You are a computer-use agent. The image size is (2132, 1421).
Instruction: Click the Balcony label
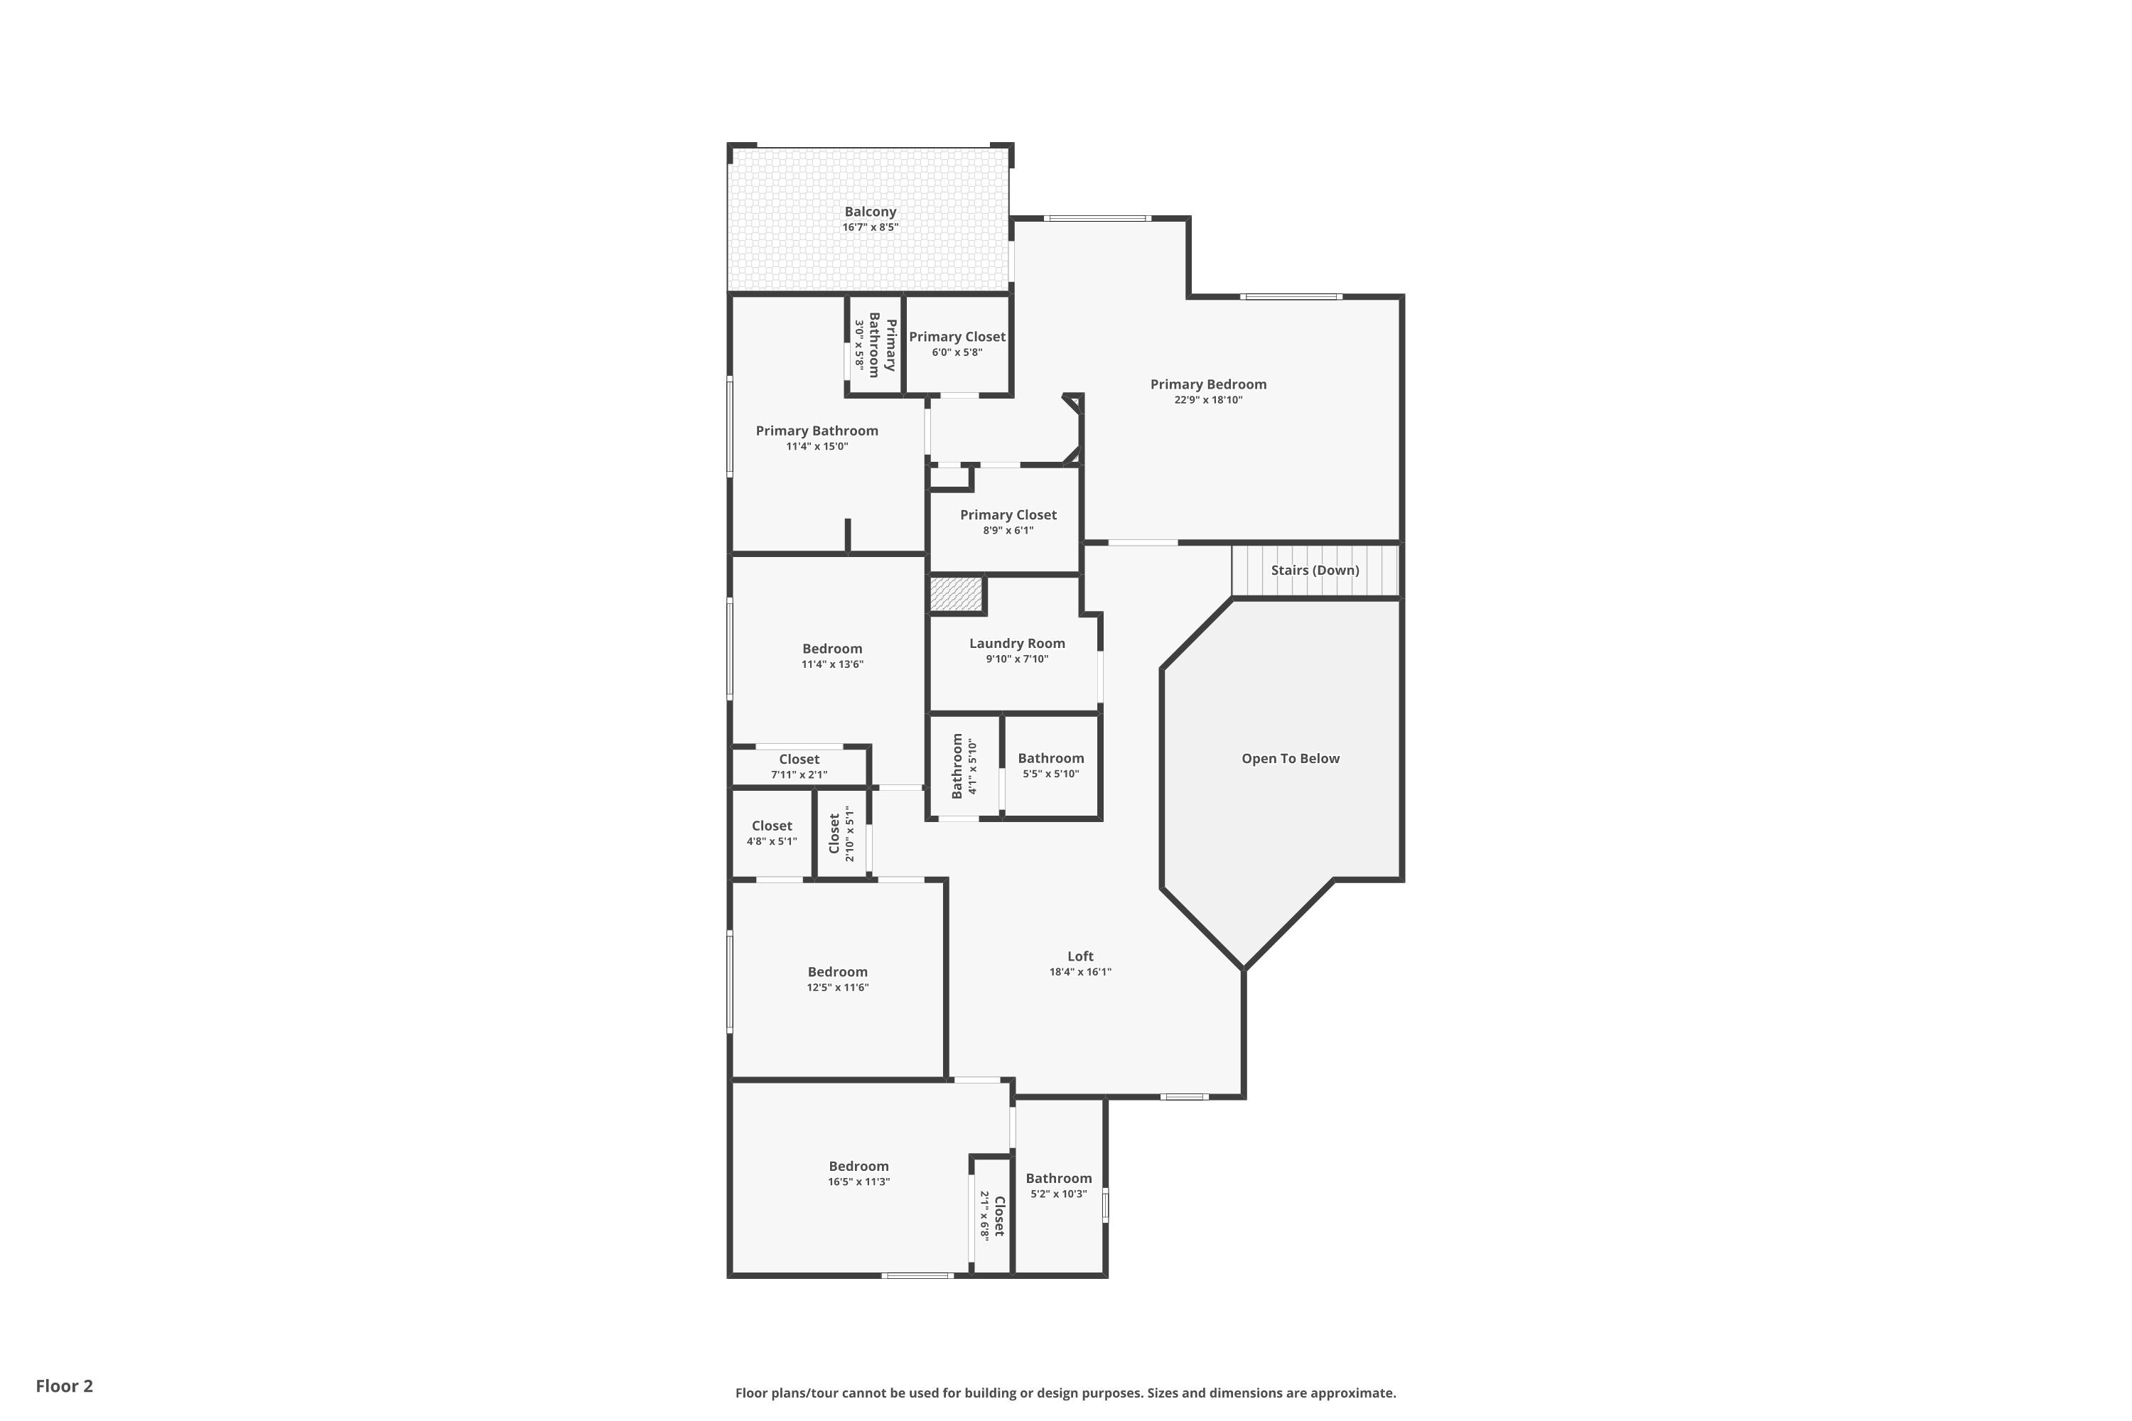(870, 212)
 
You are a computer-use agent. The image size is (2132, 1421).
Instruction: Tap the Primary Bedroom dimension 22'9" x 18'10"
(1208, 399)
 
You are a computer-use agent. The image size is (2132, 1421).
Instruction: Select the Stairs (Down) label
(1314, 570)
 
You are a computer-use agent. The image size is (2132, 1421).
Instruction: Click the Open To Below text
(1290, 759)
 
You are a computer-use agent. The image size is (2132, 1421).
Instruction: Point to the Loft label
(1080, 956)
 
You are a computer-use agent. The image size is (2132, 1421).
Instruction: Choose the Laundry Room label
(1017, 644)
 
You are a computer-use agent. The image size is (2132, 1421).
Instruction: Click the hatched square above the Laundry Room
(955, 595)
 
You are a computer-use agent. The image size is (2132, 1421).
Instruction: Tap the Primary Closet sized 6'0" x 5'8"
(957, 343)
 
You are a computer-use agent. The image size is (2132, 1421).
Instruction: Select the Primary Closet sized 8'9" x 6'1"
(1008, 521)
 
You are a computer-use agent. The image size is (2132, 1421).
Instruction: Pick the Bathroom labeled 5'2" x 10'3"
(1059, 1184)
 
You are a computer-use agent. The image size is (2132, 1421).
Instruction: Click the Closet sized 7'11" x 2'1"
(799, 766)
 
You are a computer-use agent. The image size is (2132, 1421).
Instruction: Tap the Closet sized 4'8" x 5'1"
(771, 832)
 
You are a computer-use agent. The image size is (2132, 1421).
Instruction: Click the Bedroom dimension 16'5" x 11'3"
(858, 1182)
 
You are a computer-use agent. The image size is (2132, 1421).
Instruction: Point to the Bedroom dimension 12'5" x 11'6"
(838, 988)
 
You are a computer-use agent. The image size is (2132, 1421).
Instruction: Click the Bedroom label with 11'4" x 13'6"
(832, 649)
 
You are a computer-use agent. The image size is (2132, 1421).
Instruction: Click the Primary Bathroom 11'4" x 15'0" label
(817, 431)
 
